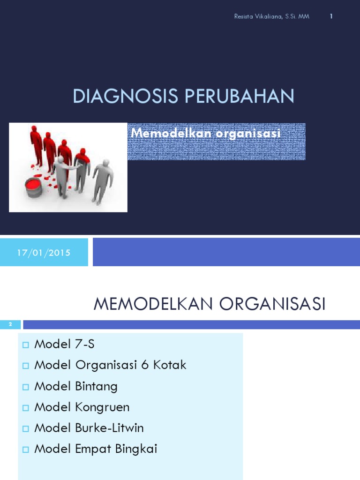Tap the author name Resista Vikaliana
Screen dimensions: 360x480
click(x=258, y=16)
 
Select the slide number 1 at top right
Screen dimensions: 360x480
click(x=331, y=16)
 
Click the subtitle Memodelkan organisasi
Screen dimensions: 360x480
click(x=206, y=133)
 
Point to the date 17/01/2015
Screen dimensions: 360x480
click(x=44, y=253)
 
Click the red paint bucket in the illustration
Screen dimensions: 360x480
click(x=34, y=187)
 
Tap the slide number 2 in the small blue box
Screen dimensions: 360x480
click(x=10, y=324)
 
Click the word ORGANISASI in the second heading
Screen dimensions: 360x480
click(x=272, y=304)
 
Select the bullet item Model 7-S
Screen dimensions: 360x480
click(x=64, y=344)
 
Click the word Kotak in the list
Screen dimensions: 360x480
click(x=170, y=365)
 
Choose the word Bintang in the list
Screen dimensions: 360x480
click(x=96, y=386)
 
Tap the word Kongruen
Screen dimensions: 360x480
click(x=102, y=407)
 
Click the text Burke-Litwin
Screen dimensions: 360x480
click(x=109, y=428)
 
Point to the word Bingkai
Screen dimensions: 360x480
click(x=136, y=449)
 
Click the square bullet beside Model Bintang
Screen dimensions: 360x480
click(x=26, y=387)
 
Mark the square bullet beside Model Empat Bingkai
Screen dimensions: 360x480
click(x=26, y=450)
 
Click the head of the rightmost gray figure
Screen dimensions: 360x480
click(x=106, y=163)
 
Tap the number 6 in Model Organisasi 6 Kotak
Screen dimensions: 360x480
click(x=145, y=365)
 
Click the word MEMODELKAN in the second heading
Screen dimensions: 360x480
click(x=153, y=304)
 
